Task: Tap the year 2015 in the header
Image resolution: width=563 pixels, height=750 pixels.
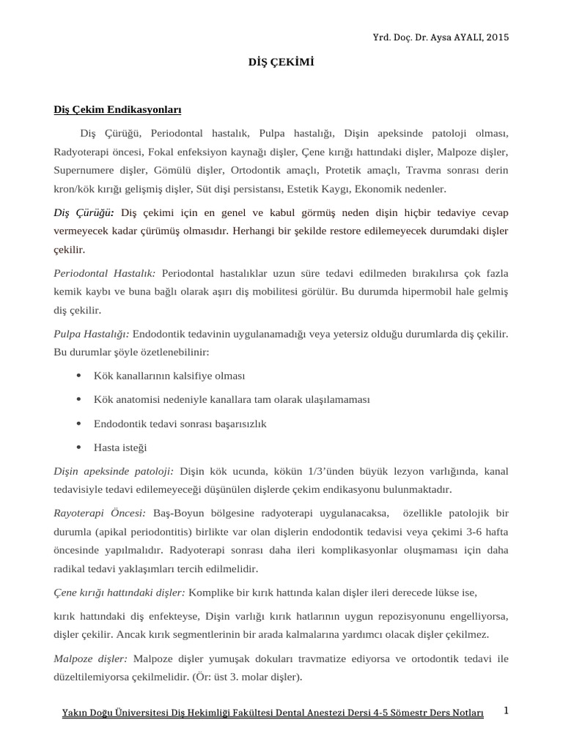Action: tap(495, 37)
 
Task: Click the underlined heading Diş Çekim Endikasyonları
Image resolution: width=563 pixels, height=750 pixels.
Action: tap(117, 110)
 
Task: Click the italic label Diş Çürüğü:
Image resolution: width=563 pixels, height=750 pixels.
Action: tap(83, 212)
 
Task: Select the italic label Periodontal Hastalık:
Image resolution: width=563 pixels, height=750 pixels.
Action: tap(104, 272)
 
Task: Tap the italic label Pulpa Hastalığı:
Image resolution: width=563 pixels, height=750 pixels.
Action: tap(91, 333)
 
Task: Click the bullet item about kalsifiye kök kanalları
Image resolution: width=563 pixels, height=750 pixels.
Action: tap(169, 376)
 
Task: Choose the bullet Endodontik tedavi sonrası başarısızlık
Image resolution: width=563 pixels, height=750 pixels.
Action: tap(180, 423)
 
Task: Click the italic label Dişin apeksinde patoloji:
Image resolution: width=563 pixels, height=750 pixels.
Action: tap(114, 470)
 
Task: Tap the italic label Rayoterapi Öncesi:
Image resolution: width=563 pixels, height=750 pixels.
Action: tap(99, 513)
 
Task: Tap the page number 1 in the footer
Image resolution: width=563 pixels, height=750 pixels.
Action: tap(506, 711)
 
